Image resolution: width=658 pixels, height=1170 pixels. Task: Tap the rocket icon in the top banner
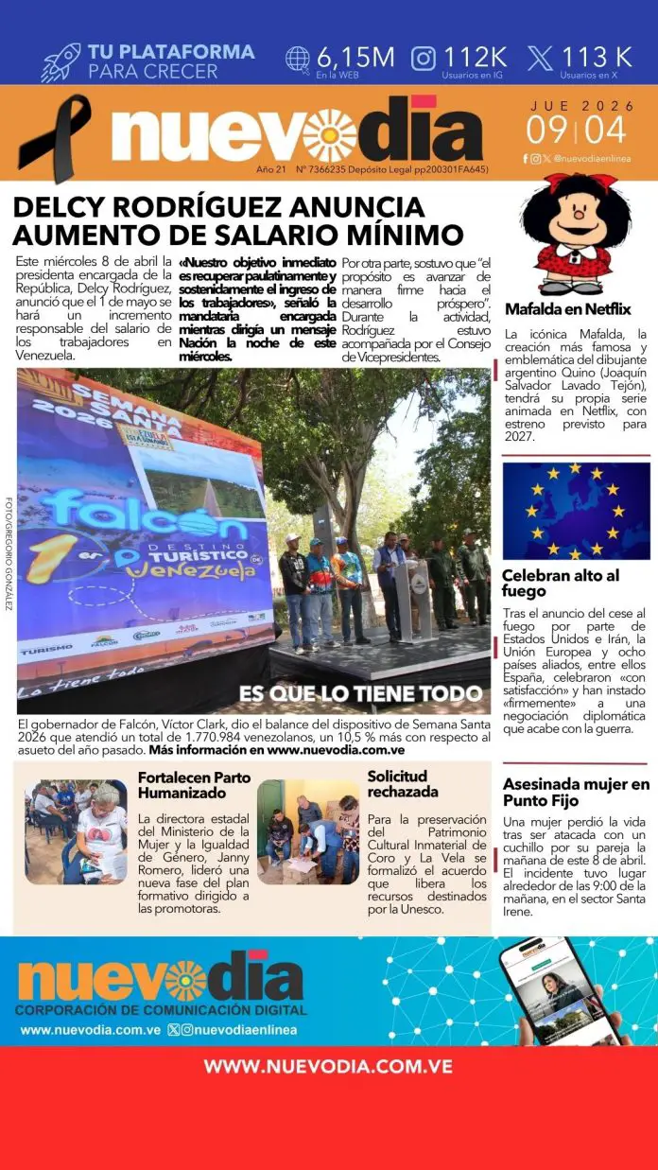coord(61,62)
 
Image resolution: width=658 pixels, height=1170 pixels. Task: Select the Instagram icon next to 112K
coord(424,58)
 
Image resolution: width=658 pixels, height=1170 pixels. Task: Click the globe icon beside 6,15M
coord(298,58)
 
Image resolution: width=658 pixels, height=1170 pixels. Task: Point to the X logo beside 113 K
coord(540,58)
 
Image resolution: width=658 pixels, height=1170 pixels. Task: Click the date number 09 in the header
coord(547,129)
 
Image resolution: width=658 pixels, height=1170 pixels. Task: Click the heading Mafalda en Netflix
coord(567,309)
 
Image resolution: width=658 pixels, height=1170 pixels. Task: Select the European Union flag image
coord(576,511)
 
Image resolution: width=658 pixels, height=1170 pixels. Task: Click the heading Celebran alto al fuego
coord(561,583)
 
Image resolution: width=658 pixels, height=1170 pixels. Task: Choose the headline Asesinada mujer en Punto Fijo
coord(576,792)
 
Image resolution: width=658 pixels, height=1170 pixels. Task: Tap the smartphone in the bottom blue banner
coord(559,989)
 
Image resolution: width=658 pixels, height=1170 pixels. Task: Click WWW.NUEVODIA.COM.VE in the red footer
coord(328,1066)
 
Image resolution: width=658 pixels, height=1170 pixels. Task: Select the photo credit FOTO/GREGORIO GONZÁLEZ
coord(9,553)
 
